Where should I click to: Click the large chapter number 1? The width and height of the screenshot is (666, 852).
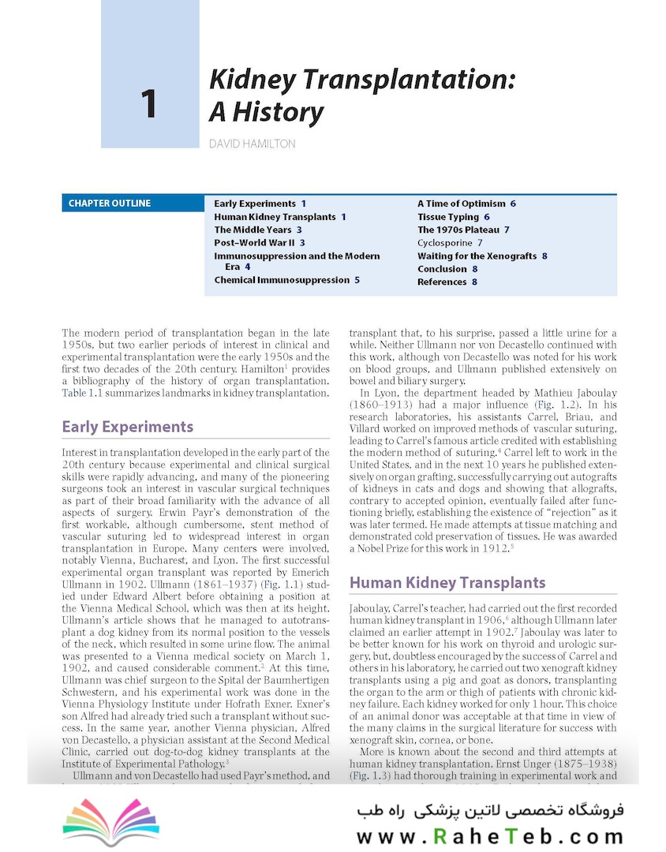(x=148, y=104)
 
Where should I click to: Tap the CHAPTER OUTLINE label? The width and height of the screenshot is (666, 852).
(x=109, y=204)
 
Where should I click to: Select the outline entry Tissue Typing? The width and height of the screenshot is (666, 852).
(x=448, y=217)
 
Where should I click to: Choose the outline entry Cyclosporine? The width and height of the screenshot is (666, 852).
(x=445, y=243)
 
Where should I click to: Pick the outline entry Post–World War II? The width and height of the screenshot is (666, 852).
(x=255, y=243)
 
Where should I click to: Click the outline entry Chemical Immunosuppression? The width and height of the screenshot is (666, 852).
(x=281, y=280)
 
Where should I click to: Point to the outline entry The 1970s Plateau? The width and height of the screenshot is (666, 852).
(x=458, y=230)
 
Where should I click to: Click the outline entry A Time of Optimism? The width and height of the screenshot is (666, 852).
(x=462, y=204)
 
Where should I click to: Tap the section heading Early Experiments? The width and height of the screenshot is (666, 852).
(x=127, y=427)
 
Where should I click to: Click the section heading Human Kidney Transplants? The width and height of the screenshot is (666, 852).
(x=447, y=583)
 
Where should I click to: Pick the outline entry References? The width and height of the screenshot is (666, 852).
(x=442, y=282)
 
